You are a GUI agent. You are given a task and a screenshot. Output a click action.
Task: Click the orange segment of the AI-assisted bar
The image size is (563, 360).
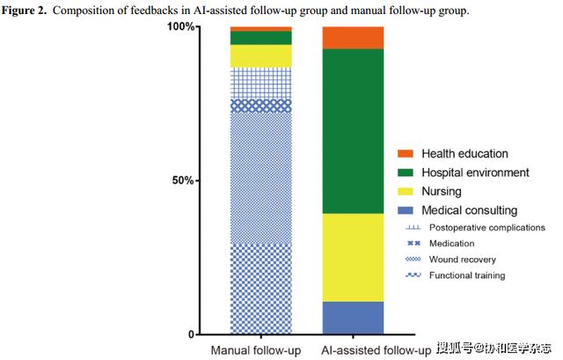353,38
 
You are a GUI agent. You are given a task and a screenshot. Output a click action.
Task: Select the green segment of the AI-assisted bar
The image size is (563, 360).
353,131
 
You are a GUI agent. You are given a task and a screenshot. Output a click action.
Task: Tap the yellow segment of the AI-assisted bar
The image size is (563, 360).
353,257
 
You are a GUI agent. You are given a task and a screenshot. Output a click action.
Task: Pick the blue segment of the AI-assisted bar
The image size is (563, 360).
353,318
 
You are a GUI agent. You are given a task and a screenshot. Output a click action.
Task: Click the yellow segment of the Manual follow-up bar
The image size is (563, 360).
260,56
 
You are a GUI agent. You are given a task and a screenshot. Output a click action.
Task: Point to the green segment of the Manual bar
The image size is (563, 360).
260,38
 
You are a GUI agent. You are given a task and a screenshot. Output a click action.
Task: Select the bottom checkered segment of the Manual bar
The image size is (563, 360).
260,289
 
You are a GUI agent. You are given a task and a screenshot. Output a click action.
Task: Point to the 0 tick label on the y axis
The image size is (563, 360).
189,334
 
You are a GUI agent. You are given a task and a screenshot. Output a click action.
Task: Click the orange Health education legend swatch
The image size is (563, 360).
405,153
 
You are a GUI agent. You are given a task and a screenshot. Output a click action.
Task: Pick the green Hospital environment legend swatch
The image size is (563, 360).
405,173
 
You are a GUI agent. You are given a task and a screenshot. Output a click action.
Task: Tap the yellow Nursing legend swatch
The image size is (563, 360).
405,191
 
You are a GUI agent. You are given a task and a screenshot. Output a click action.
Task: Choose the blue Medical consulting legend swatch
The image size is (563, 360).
405,210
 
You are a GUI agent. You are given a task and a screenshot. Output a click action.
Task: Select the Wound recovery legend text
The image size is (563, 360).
461,260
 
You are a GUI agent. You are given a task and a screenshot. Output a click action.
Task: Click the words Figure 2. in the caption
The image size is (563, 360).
29,11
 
